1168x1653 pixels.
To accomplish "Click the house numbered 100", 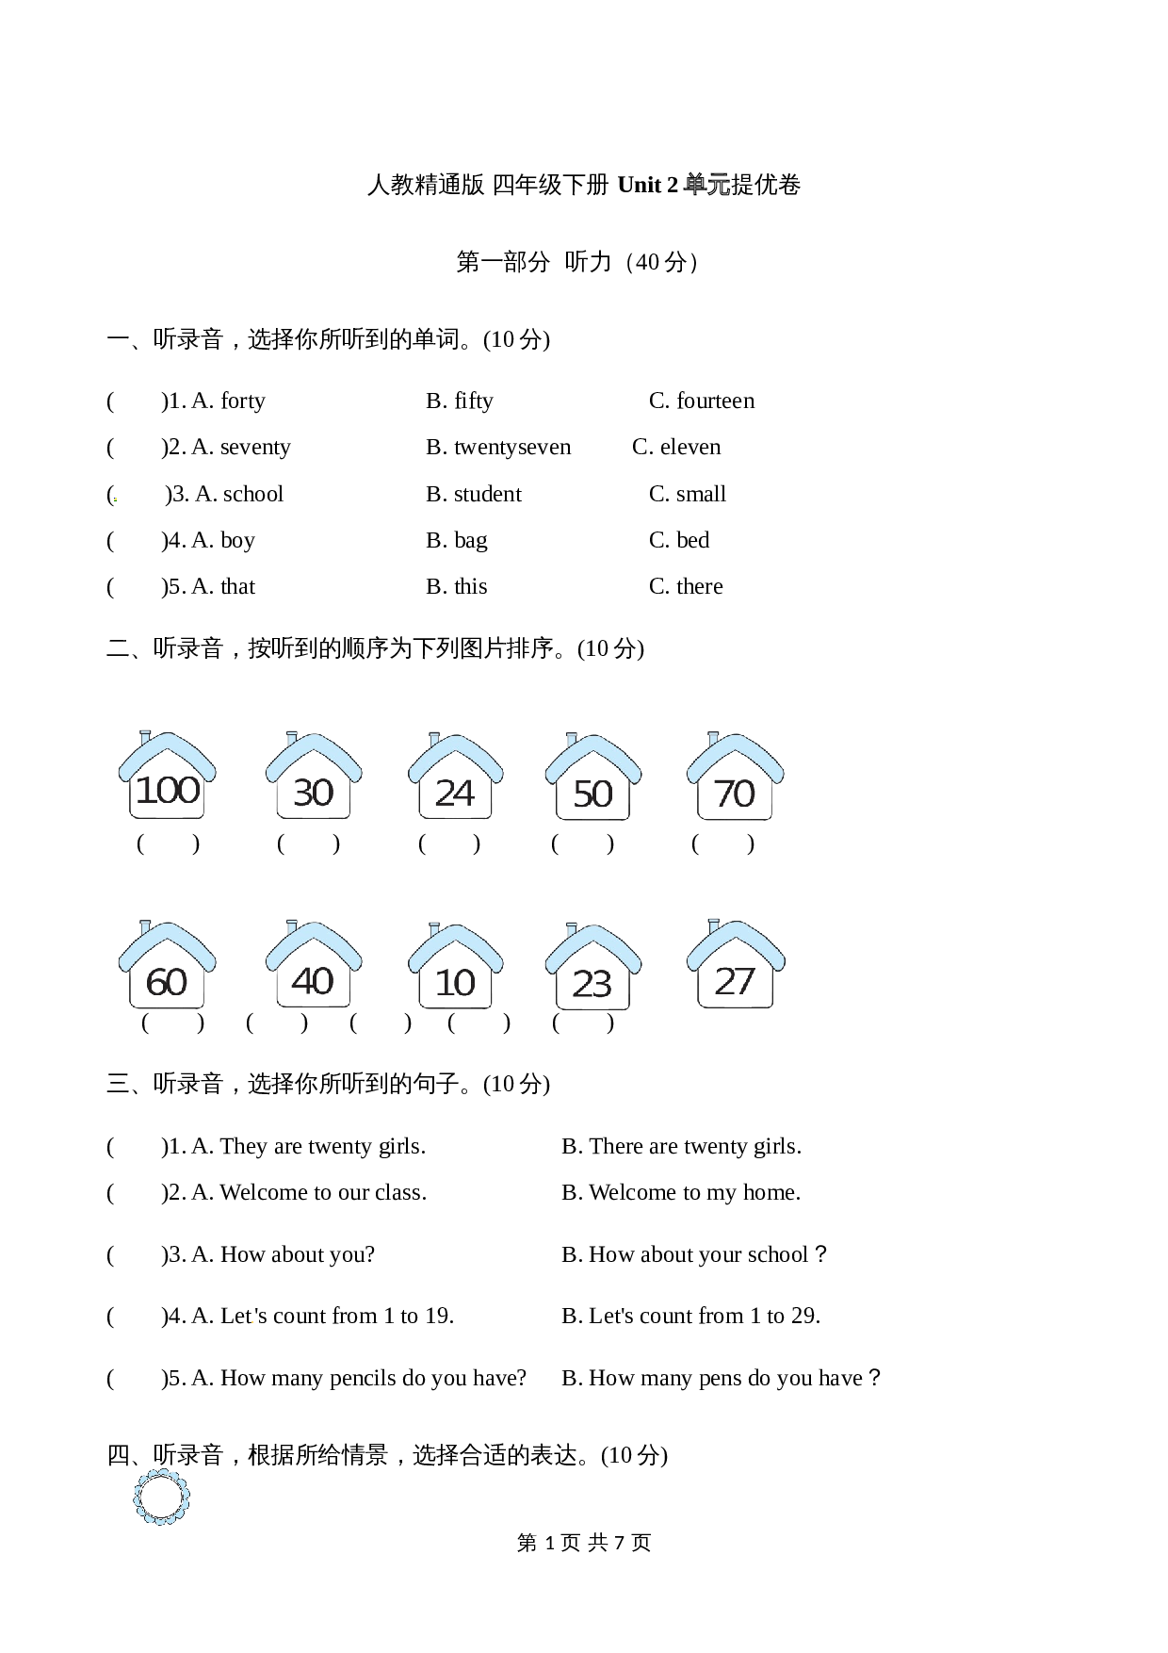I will pos(167,776).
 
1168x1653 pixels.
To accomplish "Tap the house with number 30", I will pos(313,777).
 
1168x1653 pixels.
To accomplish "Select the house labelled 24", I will pos(455,777).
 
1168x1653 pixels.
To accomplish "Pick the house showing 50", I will pos(592,778).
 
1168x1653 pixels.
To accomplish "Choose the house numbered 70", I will pos(735,777).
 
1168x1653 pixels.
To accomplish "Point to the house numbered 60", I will pos(167,966).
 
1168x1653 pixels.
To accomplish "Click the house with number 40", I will pos(313,965).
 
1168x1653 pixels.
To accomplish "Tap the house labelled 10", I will pos(455,967).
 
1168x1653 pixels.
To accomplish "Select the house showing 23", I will pos(592,968).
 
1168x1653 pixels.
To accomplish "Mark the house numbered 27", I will pos(735,965).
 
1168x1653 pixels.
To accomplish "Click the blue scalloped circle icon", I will pos(161,1496).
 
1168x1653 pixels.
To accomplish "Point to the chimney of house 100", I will pos(145,737).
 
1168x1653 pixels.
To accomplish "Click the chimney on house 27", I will pos(713,925).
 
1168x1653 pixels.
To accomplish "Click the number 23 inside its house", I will pos(592,985).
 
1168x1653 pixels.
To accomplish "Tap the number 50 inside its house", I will pos(592,794).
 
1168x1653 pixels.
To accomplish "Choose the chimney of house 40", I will pos(292,927).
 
